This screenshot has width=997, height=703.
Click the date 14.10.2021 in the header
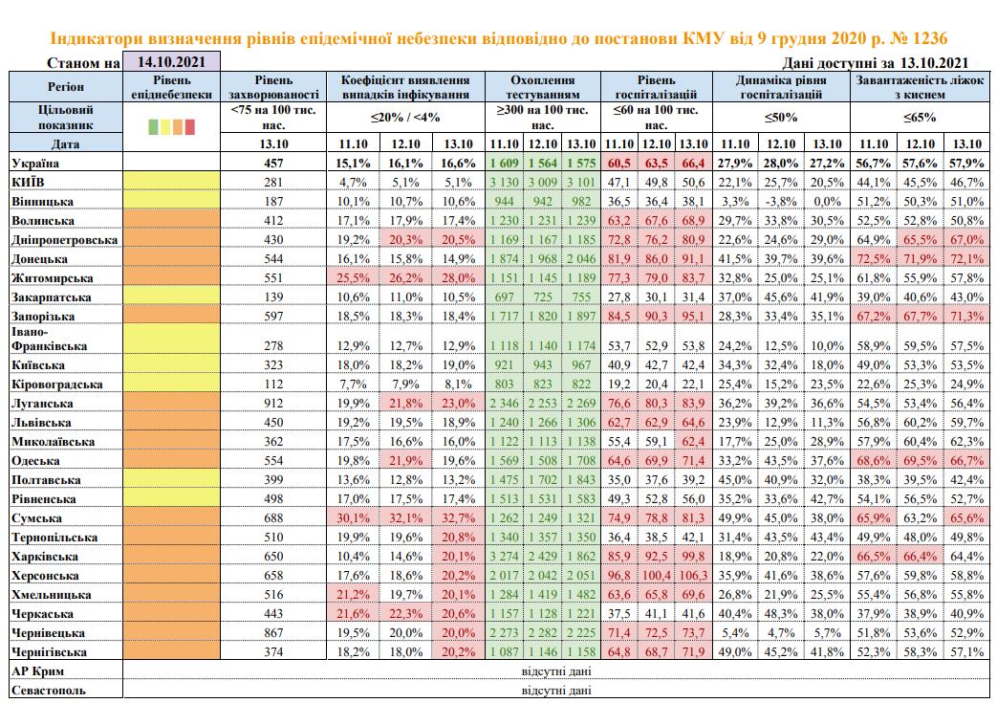tap(171, 62)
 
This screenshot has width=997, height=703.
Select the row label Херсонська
tap(45, 576)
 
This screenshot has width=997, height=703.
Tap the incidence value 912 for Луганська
tap(273, 404)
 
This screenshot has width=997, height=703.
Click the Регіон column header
tap(66, 86)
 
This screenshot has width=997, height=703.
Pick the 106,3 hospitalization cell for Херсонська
tap(693, 576)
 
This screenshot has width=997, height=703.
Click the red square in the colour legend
tap(189, 126)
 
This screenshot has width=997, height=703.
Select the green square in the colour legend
tap(153, 126)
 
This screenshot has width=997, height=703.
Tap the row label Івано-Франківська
tap(49, 340)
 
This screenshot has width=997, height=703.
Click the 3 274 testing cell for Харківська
tap(504, 557)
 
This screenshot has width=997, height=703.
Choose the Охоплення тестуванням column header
tap(542, 87)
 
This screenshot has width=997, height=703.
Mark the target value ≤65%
tap(920, 118)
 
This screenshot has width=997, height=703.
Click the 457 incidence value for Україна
tap(273, 164)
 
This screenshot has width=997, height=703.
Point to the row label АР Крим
tap(37, 671)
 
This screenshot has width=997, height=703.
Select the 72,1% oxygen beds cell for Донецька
tap(967, 259)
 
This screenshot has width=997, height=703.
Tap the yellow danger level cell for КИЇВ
tap(171, 183)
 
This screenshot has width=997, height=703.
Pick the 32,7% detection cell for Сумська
tap(458, 518)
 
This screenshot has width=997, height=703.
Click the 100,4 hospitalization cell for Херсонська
tap(656, 576)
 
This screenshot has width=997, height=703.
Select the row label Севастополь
tap(49, 691)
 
